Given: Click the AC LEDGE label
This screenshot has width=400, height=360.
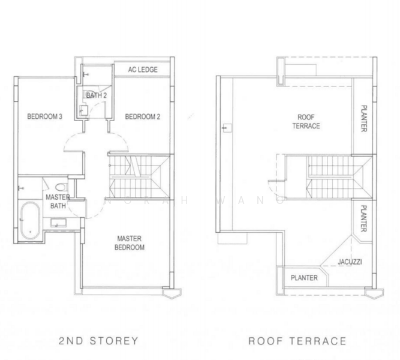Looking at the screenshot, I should pos(143,70).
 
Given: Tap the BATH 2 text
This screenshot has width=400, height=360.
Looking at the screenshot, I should pos(96,95).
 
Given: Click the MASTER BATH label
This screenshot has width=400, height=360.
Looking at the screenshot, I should pos(57,202).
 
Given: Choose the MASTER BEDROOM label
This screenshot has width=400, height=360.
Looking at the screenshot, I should pos(131,242).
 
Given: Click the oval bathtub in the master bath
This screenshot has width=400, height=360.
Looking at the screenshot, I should pos(28,221).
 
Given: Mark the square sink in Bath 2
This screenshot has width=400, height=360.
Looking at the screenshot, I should pos(83,110).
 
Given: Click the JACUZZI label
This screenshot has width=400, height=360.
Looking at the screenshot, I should pos(349,262).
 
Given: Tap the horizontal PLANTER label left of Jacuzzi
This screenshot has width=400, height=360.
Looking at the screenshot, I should pos(304,278).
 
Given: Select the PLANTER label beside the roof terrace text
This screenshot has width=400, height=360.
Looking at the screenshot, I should pos(364,119).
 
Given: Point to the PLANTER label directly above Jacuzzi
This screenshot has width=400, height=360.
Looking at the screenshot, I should pos(364,220).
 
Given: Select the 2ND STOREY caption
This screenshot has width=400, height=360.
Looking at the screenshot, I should pos(98,341).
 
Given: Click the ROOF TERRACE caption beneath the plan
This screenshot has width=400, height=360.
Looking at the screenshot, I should pos(297,341).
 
